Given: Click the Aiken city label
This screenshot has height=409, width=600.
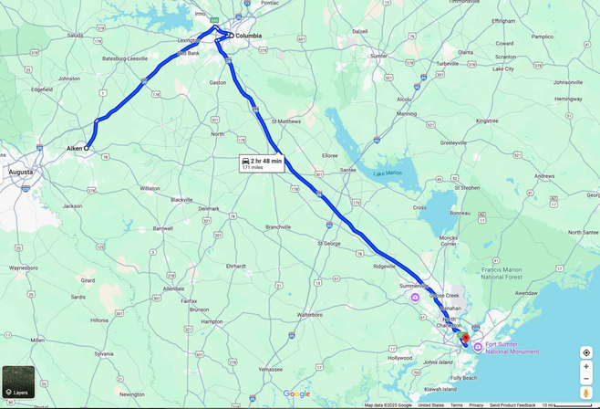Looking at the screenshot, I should pos(74,147).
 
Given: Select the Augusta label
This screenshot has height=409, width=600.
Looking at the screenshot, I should pos(20,172).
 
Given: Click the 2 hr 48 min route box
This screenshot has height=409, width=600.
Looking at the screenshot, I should pos(261,163).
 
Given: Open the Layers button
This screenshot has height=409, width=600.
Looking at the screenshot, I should pos(18,382).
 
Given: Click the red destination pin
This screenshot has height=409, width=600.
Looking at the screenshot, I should pos(466,339).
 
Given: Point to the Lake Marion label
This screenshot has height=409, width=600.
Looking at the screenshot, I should pos(387,173).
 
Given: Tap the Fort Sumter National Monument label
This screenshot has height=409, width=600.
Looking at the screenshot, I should pos(512,348).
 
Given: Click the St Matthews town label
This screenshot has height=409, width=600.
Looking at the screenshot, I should pos(286,121).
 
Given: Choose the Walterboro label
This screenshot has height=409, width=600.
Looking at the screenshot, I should pos(310,314).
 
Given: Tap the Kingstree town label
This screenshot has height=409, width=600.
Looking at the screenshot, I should pos(487,121).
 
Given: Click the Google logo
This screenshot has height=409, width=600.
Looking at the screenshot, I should pos(296,394).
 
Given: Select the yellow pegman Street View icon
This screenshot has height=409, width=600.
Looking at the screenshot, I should pos(586,393).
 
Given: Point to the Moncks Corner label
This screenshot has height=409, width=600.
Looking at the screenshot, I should pos(449,242).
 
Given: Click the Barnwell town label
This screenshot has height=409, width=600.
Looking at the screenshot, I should pos(163,228).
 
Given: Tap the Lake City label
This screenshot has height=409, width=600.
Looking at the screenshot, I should pos(503,68).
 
